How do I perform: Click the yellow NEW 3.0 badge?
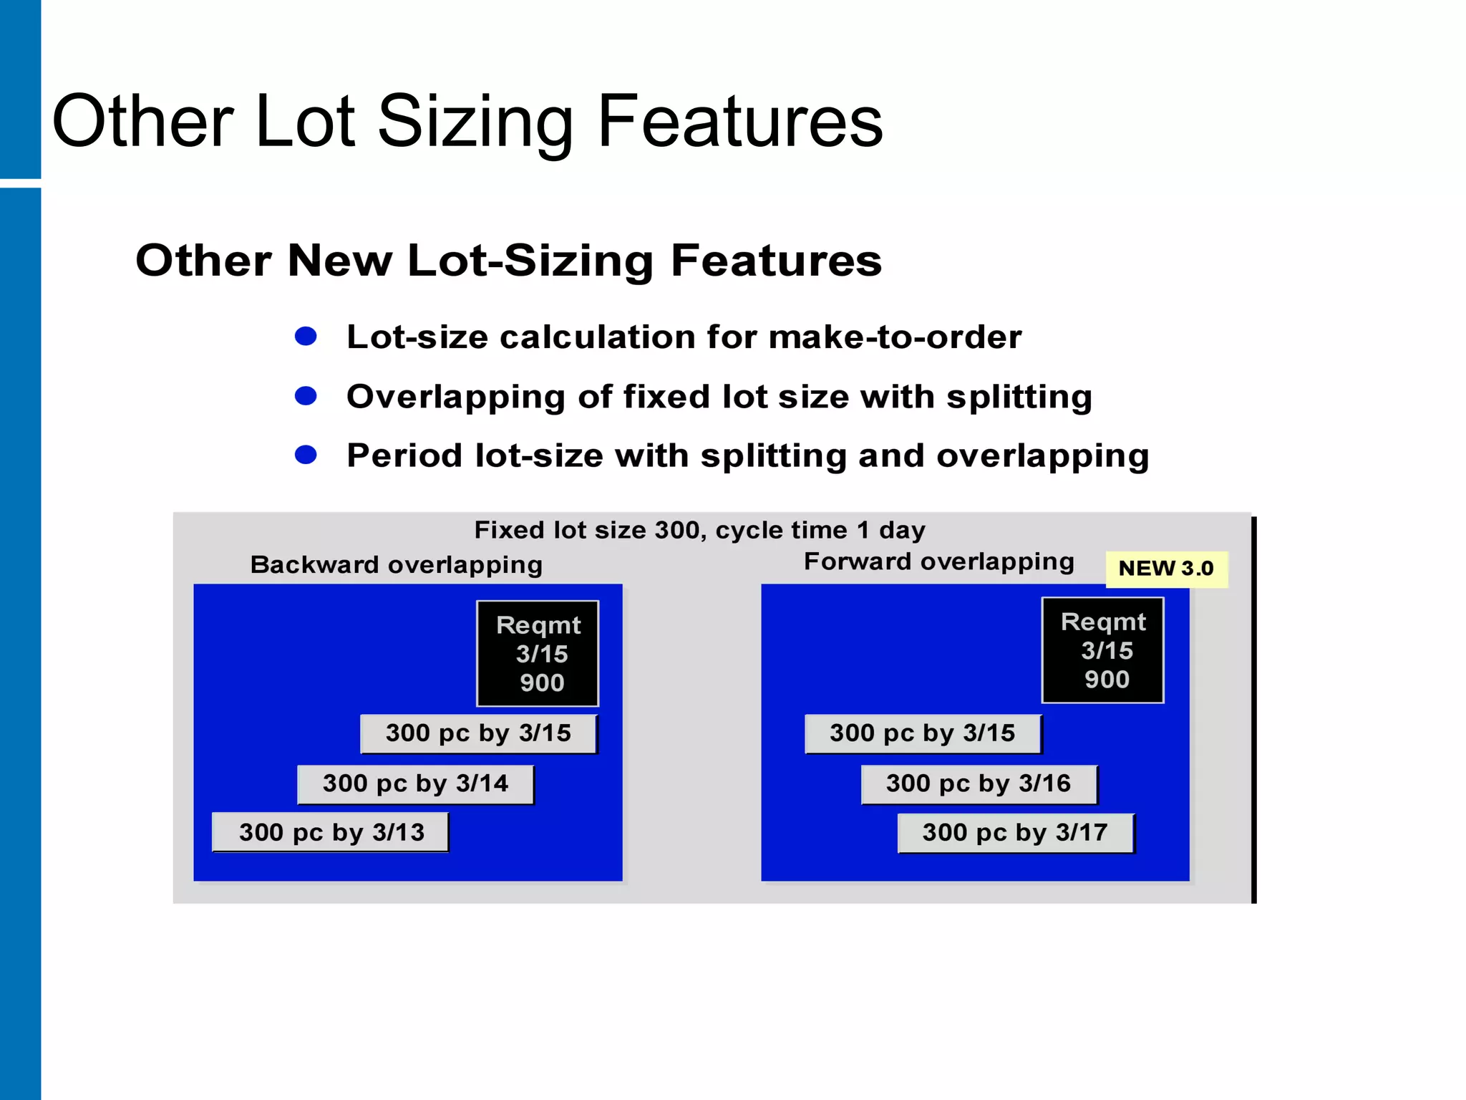click(x=1166, y=569)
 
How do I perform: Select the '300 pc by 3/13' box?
click(x=331, y=832)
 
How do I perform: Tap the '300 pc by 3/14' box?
click(x=415, y=783)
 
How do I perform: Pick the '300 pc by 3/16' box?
click(x=979, y=783)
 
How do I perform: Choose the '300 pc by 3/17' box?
click(x=1015, y=832)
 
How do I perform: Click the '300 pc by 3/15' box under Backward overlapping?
click(x=478, y=733)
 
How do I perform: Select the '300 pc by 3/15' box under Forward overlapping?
click(x=923, y=733)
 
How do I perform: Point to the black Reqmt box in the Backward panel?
click(x=538, y=653)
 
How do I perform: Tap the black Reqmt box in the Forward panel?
click(x=1103, y=650)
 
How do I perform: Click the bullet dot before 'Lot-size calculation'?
click(x=306, y=336)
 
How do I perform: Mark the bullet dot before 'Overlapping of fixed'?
click(x=306, y=395)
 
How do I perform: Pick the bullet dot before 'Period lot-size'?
click(x=306, y=455)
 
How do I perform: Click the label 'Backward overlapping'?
click(x=397, y=564)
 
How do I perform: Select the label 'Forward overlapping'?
click(x=939, y=561)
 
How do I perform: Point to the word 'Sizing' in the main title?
click(x=475, y=123)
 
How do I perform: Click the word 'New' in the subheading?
click(x=339, y=260)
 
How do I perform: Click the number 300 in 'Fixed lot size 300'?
click(x=676, y=530)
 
